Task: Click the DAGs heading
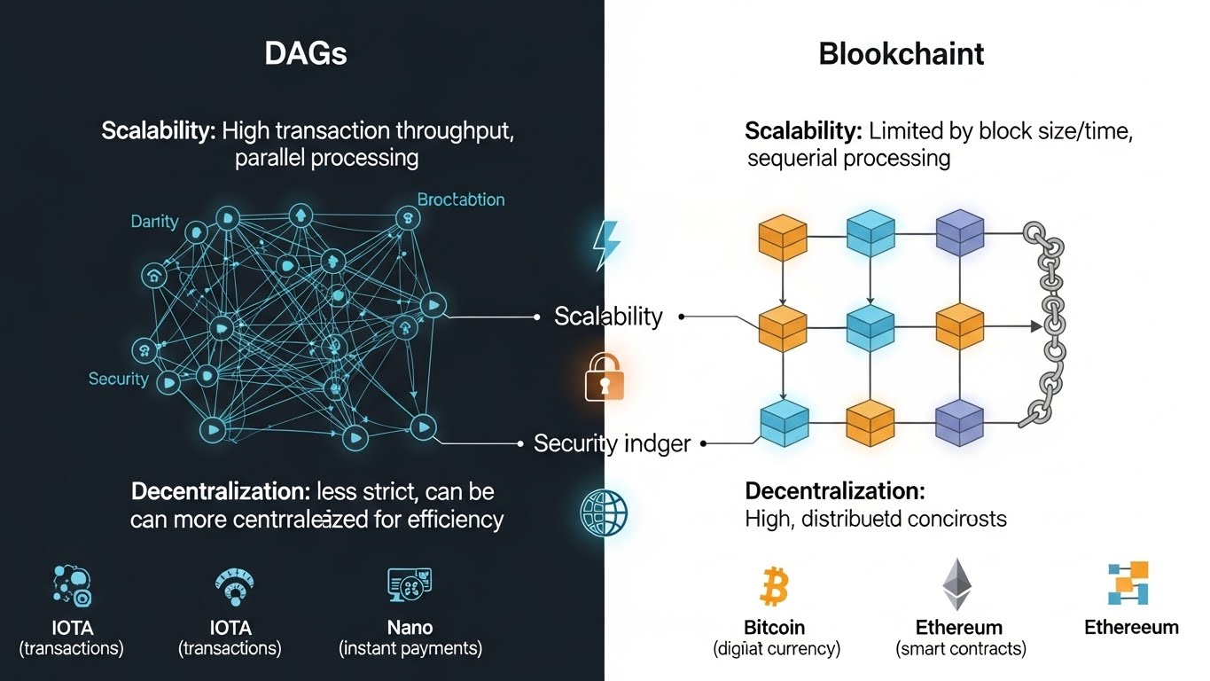point(306,53)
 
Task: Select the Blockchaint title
point(901,53)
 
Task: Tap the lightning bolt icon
point(607,242)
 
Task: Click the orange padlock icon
point(605,379)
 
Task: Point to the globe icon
point(604,511)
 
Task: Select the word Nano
point(410,628)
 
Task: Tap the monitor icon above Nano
point(410,584)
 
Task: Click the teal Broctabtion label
point(461,200)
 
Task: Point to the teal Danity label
point(154,222)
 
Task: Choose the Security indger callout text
point(612,443)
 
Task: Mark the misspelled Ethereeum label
point(1131,628)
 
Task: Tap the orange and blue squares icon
point(1128,583)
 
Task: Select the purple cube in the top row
point(960,234)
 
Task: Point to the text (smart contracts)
point(961,649)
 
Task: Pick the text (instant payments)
point(410,648)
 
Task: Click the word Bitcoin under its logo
point(775,628)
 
